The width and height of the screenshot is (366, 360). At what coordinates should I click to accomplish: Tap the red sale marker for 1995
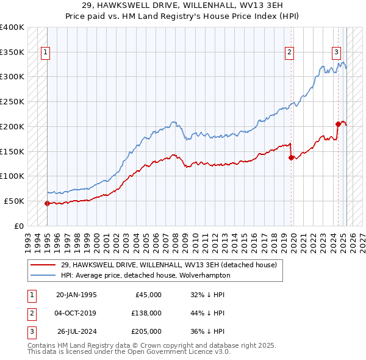47,203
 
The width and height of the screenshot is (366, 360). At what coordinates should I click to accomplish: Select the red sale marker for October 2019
291,157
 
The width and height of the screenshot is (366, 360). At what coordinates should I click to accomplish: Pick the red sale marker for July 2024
338,124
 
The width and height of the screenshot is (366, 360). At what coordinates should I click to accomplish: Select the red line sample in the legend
43,265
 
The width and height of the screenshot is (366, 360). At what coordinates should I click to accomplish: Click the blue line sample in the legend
43,275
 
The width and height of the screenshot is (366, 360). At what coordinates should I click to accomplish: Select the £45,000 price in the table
148,294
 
